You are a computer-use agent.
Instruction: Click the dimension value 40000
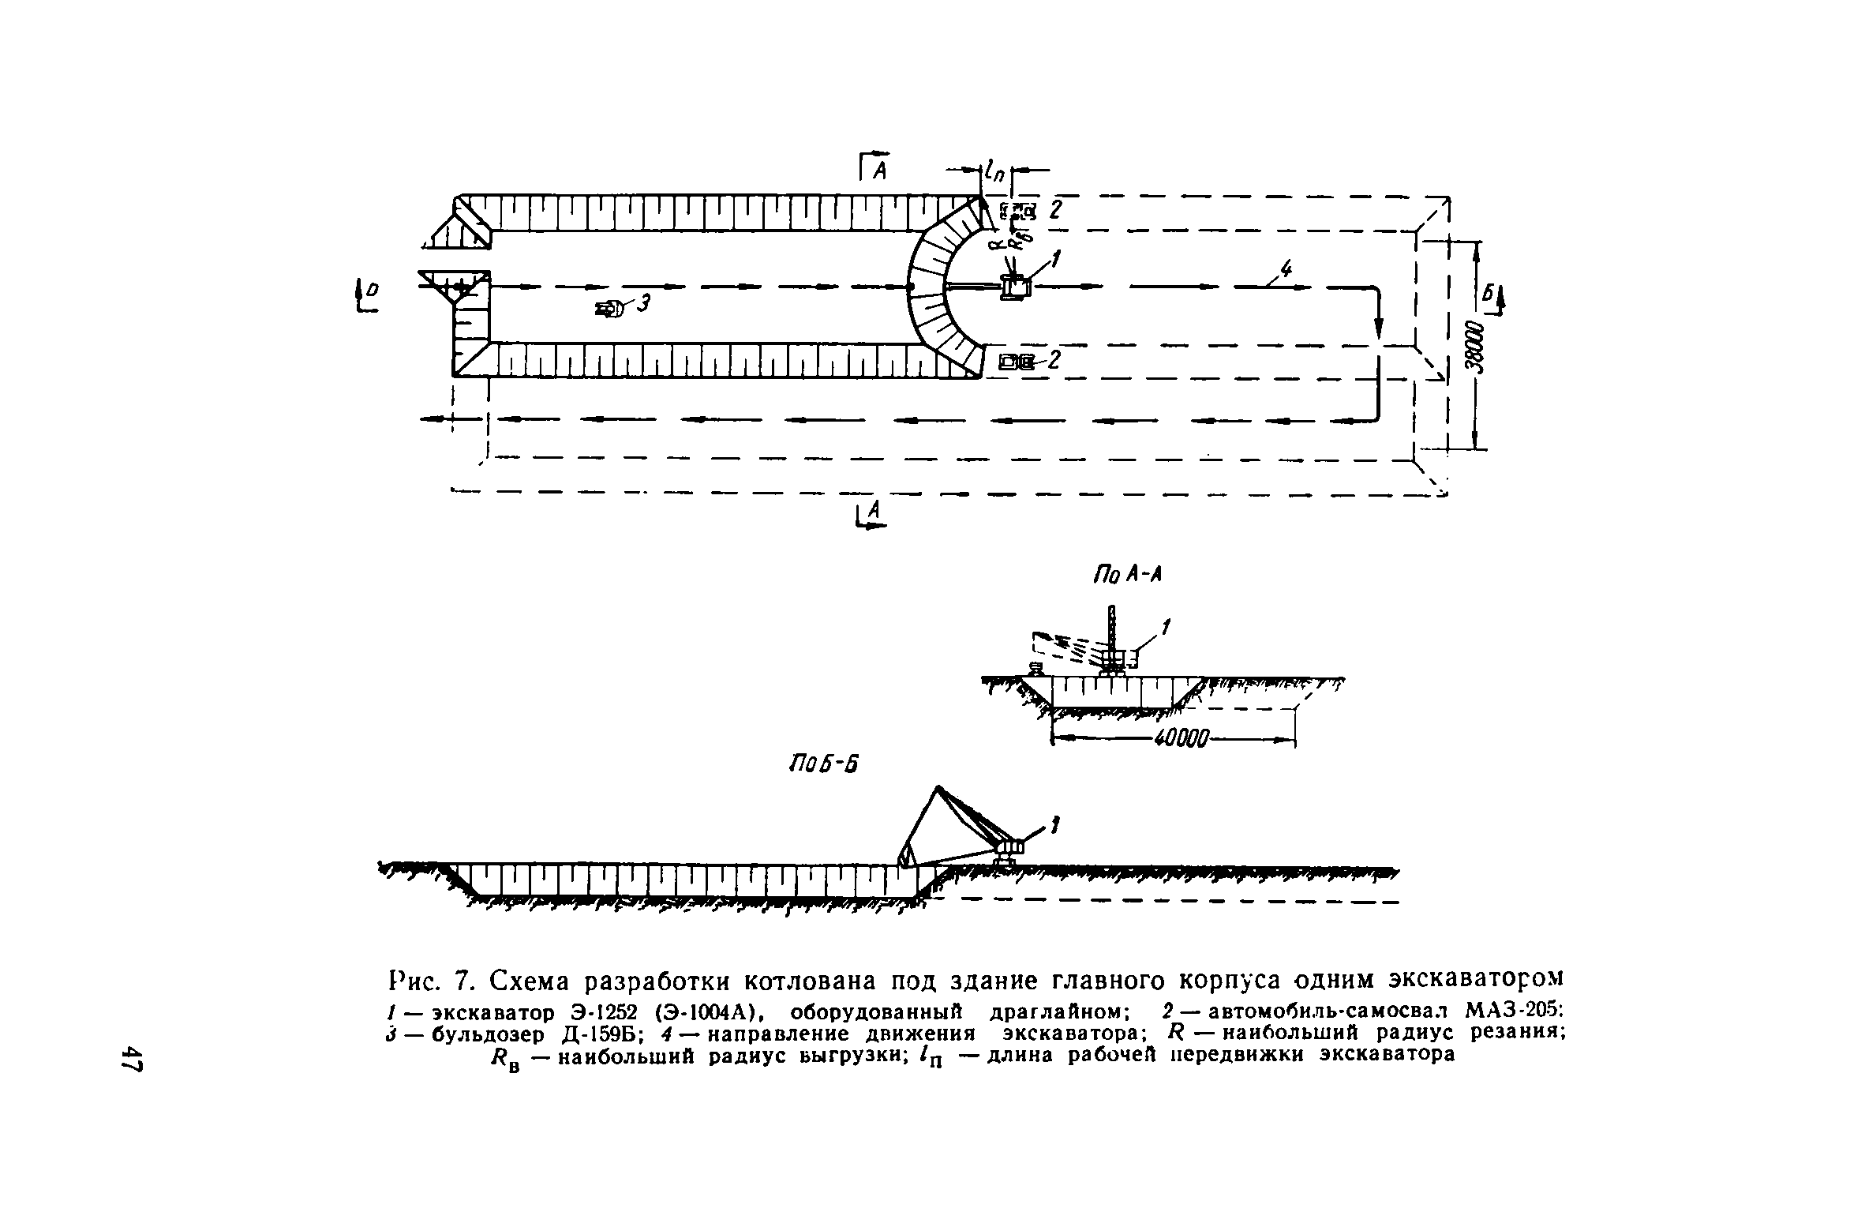pyautogui.click(x=1181, y=740)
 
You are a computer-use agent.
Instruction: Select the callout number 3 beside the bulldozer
pyautogui.click(x=643, y=302)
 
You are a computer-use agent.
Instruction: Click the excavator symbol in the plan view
pyautogui.click(x=1015, y=286)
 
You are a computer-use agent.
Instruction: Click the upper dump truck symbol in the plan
pyautogui.click(x=1017, y=211)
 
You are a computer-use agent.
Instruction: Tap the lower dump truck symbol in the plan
pyautogui.click(x=1017, y=362)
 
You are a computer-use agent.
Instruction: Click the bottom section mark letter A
pyautogui.click(x=871, y=516)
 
